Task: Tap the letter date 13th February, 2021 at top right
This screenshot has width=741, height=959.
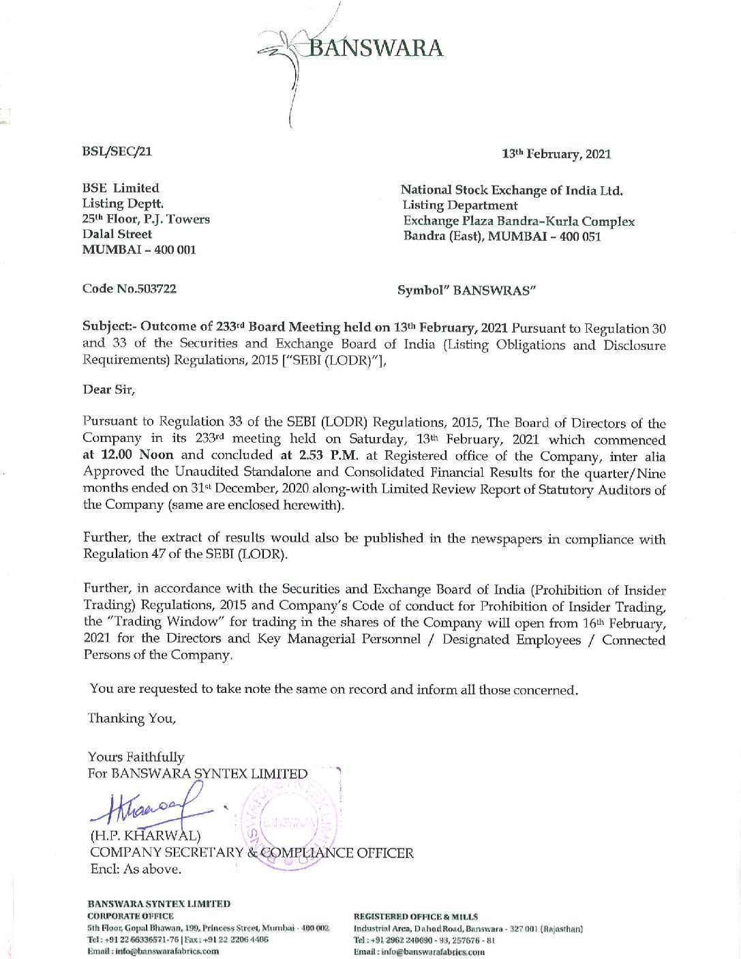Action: pos(556,154)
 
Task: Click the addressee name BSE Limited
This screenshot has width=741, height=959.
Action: pos(121,188)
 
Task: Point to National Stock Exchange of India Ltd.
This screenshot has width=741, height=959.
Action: pos(511,190)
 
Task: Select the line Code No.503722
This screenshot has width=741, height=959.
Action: pos(130,289)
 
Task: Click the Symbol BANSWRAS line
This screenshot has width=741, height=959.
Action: pos(466,291)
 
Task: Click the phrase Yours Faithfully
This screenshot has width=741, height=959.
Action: pos(136,757)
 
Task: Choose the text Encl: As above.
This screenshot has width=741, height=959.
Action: pos(136,870)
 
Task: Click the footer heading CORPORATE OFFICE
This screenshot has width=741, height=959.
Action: pos(130,916)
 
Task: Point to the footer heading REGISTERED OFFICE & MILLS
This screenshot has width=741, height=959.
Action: pos(416,917)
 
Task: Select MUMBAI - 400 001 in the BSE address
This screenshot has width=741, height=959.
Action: pos(139,250)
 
